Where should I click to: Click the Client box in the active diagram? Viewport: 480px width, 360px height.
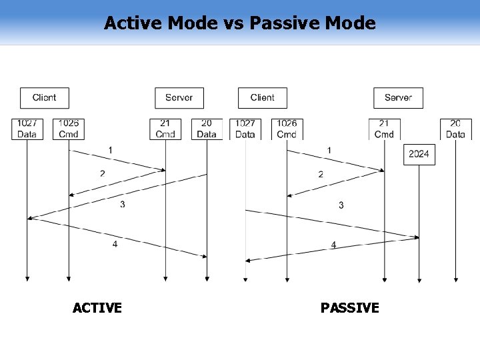[44, 97]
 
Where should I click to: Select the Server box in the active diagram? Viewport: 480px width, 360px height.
[179, 97]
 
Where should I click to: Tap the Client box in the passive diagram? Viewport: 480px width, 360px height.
[262, 97]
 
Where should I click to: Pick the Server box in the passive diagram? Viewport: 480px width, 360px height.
[398, 97]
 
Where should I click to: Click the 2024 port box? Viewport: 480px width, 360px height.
[419, 155]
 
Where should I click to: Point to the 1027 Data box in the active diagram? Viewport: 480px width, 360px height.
[27, 129]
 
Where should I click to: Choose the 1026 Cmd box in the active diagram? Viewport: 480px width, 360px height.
[69, 129]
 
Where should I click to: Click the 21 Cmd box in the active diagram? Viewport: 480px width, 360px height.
[165, 129]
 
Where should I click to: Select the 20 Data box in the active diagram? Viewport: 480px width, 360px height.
[207, 129]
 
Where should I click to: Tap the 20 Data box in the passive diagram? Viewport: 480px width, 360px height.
[455, 129]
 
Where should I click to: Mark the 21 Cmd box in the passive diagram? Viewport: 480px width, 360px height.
[384, 129]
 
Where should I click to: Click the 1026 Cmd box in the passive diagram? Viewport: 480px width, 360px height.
[287, 129]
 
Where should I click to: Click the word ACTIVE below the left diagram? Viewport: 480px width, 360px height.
[97, 308]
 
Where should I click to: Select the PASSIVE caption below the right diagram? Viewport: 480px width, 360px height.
[349, 308]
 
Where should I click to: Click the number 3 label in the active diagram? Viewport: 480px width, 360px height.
[123, 204]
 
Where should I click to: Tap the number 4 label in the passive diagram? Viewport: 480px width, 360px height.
[333, 245]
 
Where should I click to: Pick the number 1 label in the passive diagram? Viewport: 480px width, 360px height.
[329, 150]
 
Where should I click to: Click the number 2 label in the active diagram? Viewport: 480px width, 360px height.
[102, 173]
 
